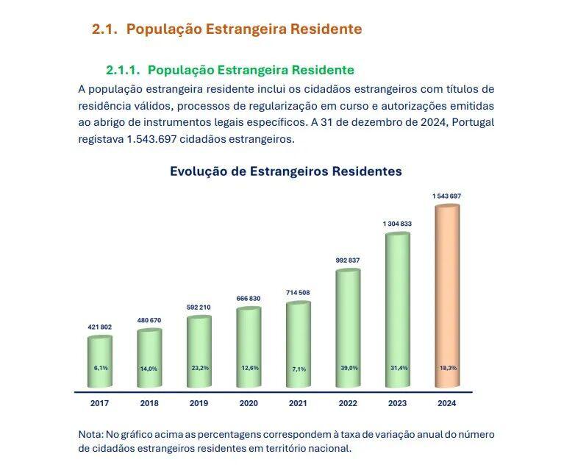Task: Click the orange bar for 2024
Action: click(x=447, y=294)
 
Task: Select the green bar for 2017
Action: click(x=100, y=361)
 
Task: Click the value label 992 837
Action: click(x=348, y=260)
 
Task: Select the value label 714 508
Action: click(x=298, y=293)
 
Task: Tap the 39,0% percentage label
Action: click(x=349, y=367)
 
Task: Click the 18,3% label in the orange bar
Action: click(x=447, y=367)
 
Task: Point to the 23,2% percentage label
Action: click(x=199, y=367)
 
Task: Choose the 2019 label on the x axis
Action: click(x=199, y=403)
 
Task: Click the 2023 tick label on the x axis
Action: click(x=397, y=403)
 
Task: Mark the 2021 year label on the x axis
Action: click(x=298, y=403)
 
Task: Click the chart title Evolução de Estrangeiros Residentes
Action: click(x=286, y=171)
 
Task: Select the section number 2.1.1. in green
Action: click(x=123, y=70)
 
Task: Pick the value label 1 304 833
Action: click(x=397, y=224)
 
